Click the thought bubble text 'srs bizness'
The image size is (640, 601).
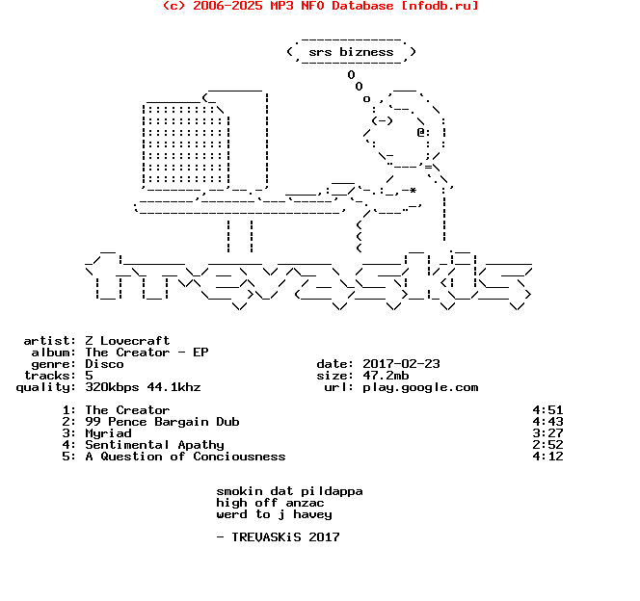tap(351, 52)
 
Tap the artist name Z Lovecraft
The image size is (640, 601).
tap(127, 340)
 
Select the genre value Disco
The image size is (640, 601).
tap(104, 364)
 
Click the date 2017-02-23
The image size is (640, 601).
tap(401, 364)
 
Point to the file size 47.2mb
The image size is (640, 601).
tap(386, 375)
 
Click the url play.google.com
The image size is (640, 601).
tap(420, 387)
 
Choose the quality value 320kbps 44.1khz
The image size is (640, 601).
tap(143, 387)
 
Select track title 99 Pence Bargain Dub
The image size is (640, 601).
tap(162, 422)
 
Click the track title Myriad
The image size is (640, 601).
tap(108, 433)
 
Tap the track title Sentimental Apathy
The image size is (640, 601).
tap(154, 445)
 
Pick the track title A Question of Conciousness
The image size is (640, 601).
tap(185, 457)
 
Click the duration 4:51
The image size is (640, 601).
tap(547, 410)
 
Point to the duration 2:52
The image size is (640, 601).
tap(547, 445)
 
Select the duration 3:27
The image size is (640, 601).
tap(547, 433)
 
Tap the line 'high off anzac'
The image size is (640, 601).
tap(270, 503)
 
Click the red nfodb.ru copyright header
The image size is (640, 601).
tap(320, 6)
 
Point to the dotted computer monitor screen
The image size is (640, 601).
tap(185, 144)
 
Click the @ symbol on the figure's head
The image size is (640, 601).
tap(421, 132)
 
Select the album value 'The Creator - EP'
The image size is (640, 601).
tap(147, 353)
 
